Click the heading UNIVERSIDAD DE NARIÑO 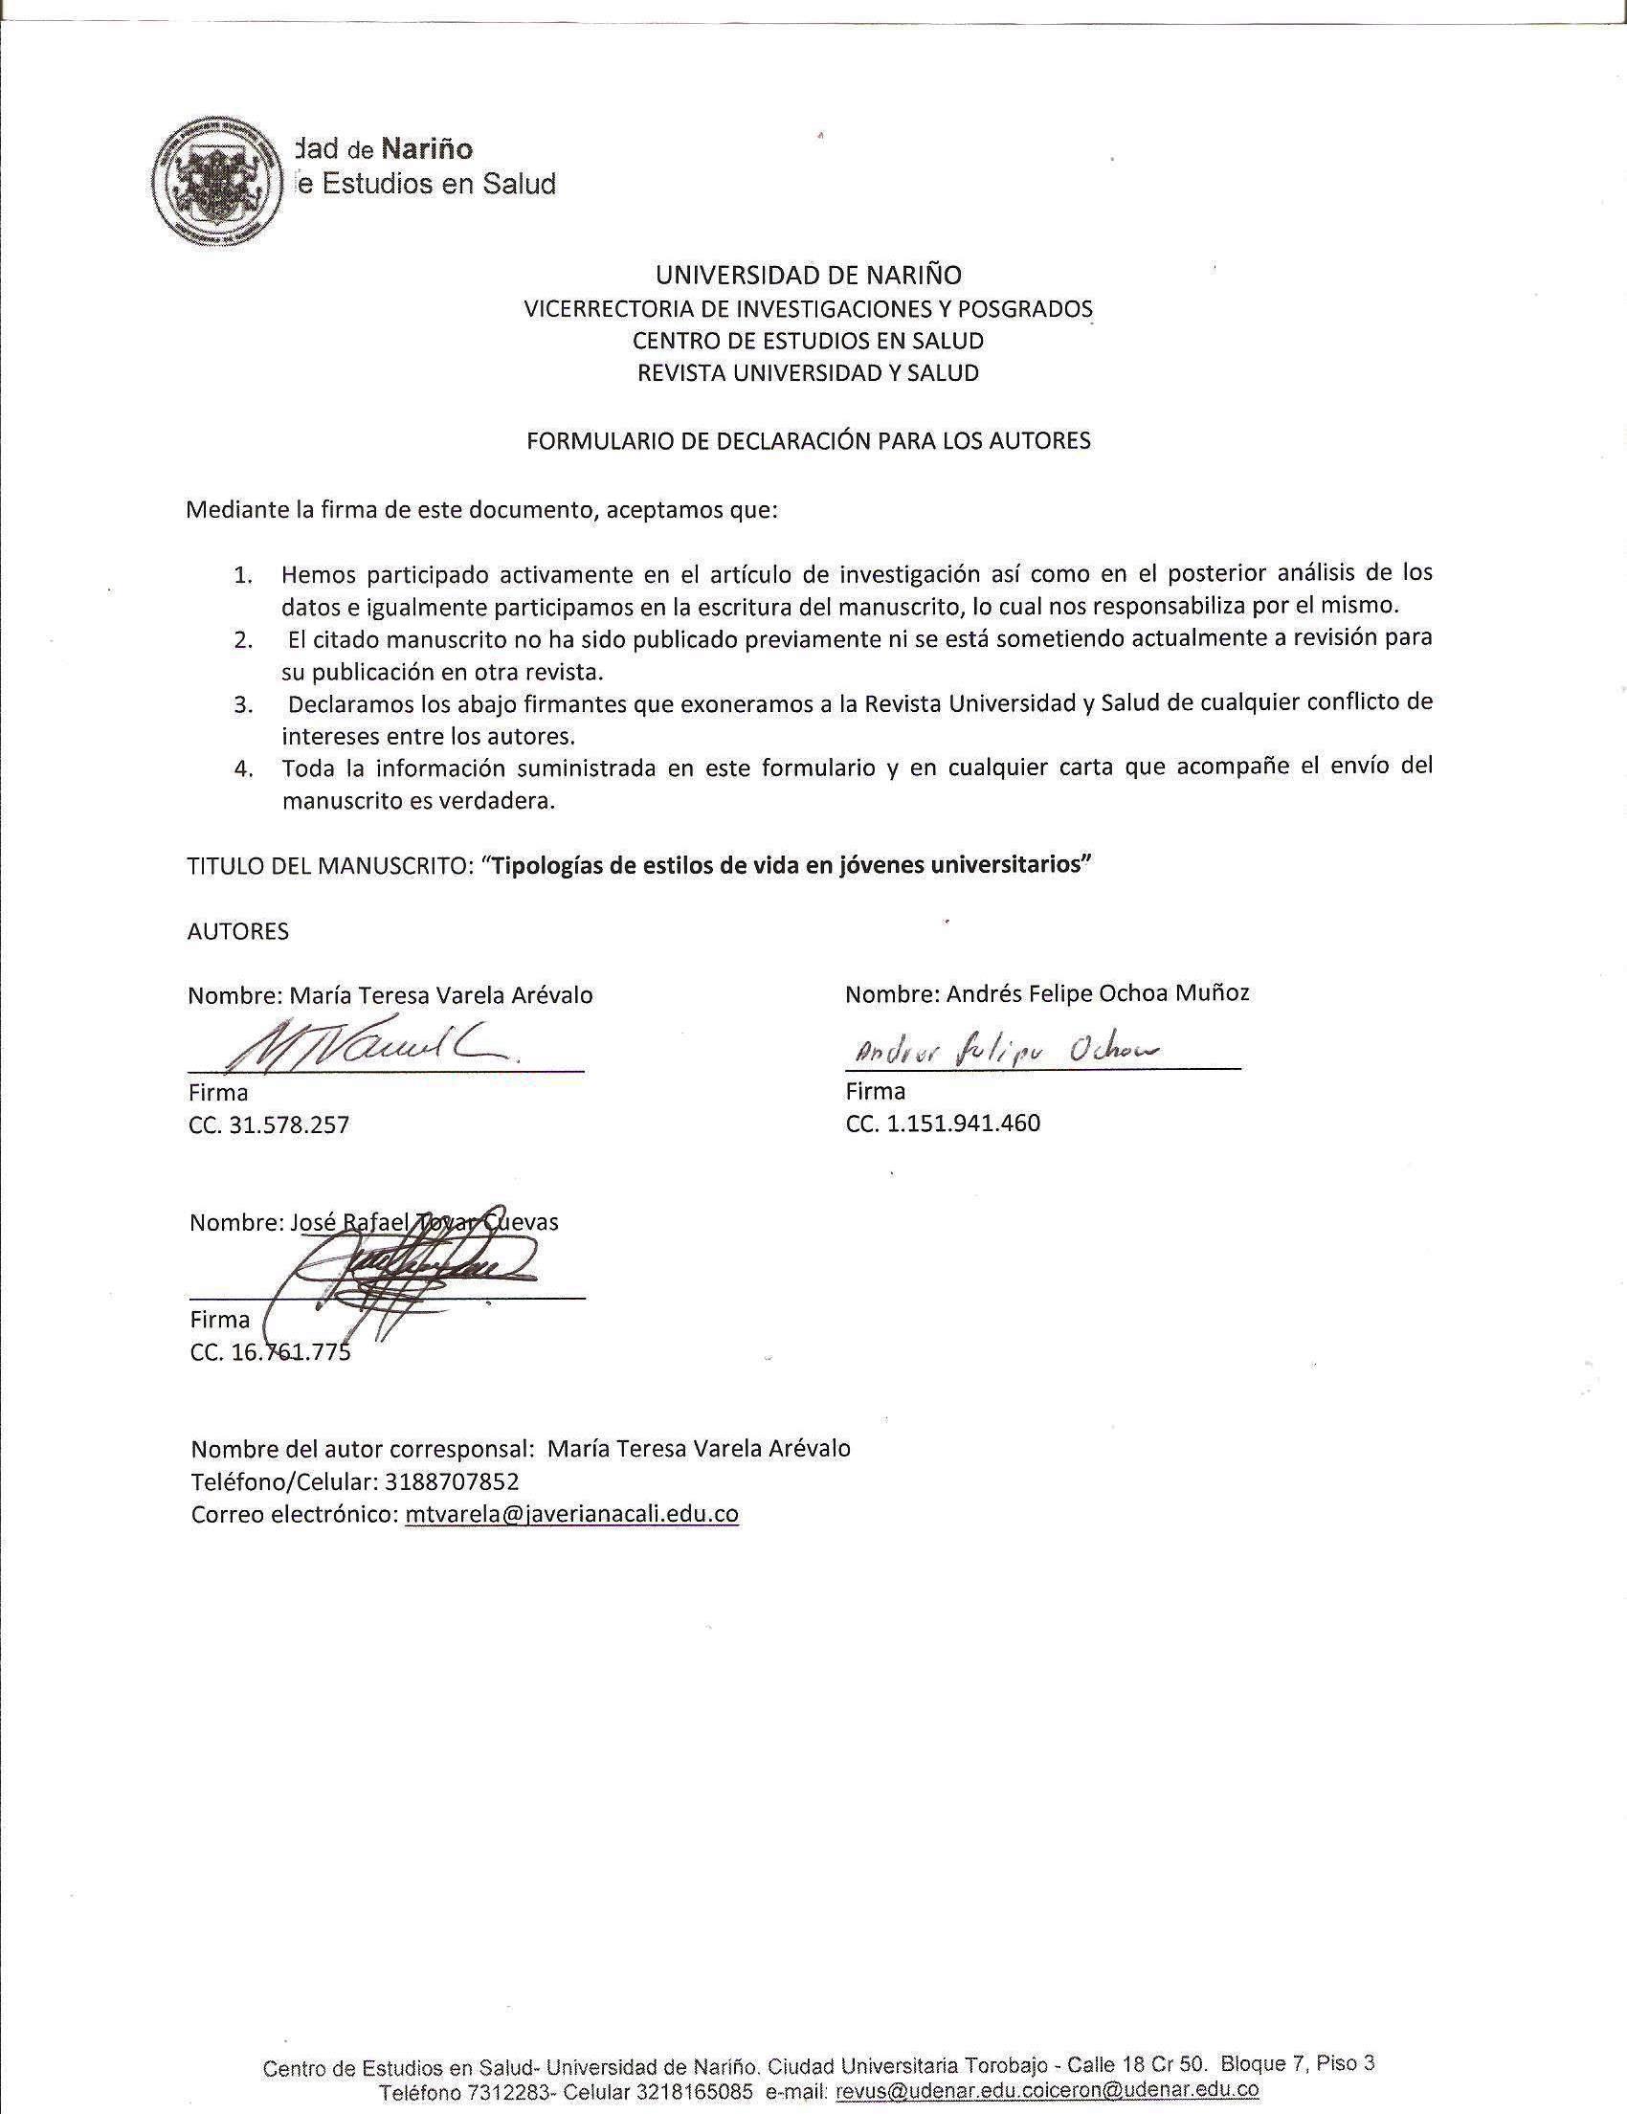pyautogui.click(x=808, y=275)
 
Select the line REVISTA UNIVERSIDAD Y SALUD pyautogui.click(x=808, y=372)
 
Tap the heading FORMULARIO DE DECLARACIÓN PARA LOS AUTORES pyautogui.click(x=808, y=441)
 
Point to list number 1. pyautogui.click(x=243, y=575)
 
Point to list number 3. pyautogui.click(x=243, y=704)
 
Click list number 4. pyautogui.click(x=243, y=769)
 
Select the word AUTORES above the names pyautogui.click(x=238, y=931)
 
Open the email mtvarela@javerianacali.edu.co pyautogui.click(x=572, y=1514)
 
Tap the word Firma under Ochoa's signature pyautogui.click(x=876, y=1091)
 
